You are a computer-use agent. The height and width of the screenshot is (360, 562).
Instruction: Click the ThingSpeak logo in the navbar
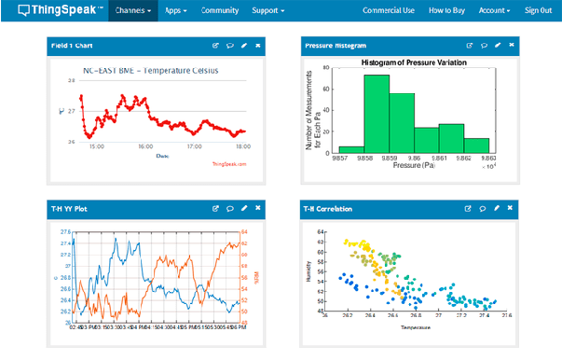52,10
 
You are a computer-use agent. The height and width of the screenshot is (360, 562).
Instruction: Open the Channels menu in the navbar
133,10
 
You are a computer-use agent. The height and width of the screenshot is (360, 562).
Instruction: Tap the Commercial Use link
389,10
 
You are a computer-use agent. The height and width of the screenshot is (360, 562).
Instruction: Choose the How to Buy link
448,10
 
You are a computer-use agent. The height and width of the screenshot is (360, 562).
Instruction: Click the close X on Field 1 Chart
257,44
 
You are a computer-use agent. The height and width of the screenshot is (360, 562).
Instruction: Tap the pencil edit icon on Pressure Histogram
499,44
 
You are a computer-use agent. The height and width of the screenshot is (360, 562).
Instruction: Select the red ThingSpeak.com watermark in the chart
229,165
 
